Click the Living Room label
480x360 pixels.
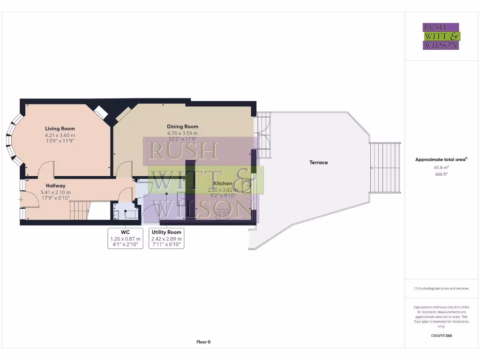(60, 128)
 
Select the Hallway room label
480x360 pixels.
(55, 186)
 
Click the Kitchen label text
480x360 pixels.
(223, 183)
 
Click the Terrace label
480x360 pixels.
(318, 163)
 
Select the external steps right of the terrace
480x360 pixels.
(385, 168)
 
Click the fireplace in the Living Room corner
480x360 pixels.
(100, 112)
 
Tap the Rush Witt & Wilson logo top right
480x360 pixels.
(441, 37)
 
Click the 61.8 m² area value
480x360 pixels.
(441, 167)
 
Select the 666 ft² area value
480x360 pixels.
(441, 174)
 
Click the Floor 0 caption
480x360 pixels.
(203, 342)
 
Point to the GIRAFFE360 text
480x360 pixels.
(441, 336)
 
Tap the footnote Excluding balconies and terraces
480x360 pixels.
(441, 289)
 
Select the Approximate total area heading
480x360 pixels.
(441, 159)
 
